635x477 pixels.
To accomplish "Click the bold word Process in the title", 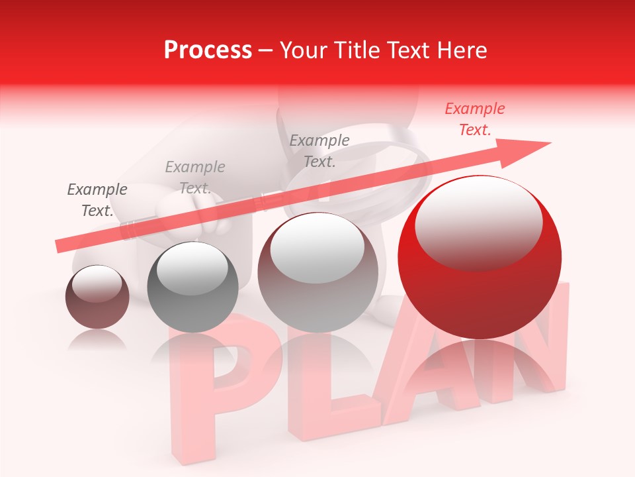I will pos(208,50).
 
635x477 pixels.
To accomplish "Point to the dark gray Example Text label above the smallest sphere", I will pos(97,200).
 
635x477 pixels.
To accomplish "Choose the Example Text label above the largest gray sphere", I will pos(319,150).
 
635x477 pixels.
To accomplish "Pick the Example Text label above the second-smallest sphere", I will pos(195,178).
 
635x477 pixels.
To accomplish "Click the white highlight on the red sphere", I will pos(478,222).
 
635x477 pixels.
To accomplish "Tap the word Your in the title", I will pos(304,50).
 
